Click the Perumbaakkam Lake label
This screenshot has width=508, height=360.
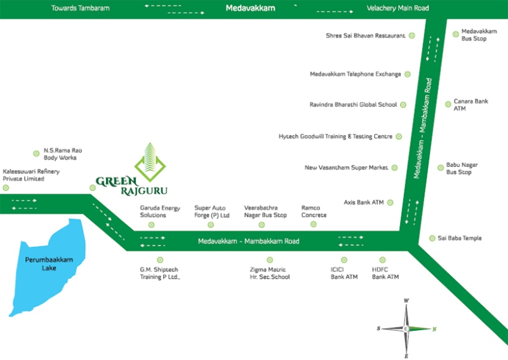point(41,264)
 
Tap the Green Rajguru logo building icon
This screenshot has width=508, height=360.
point(150,159)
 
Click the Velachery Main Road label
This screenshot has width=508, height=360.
point(398,8)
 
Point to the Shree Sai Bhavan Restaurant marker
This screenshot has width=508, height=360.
point(411,36)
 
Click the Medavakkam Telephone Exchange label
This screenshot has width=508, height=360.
point(356,74)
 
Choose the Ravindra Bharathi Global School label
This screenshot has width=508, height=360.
point(352,104)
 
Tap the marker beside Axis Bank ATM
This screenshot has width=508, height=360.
point(391,203)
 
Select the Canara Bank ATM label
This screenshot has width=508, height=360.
point(471,105)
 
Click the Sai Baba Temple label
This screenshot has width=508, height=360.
point(460,238)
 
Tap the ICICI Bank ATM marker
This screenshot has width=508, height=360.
point(344,260)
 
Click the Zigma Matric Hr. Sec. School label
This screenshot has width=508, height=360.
point(270,274)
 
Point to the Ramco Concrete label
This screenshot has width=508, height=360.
point(314,211)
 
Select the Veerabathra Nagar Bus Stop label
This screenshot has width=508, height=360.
point(265,211)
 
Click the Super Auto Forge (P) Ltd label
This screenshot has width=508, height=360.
point(211,211)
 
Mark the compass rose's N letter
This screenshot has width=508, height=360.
point(434,329)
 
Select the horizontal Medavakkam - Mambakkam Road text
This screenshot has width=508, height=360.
point(248,241)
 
